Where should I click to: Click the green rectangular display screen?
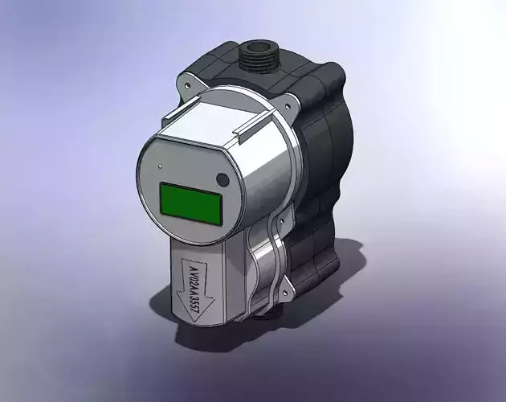tap(191, 203)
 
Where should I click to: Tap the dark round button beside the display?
tap(222, 179)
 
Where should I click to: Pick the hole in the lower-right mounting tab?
tap(283, 283)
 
